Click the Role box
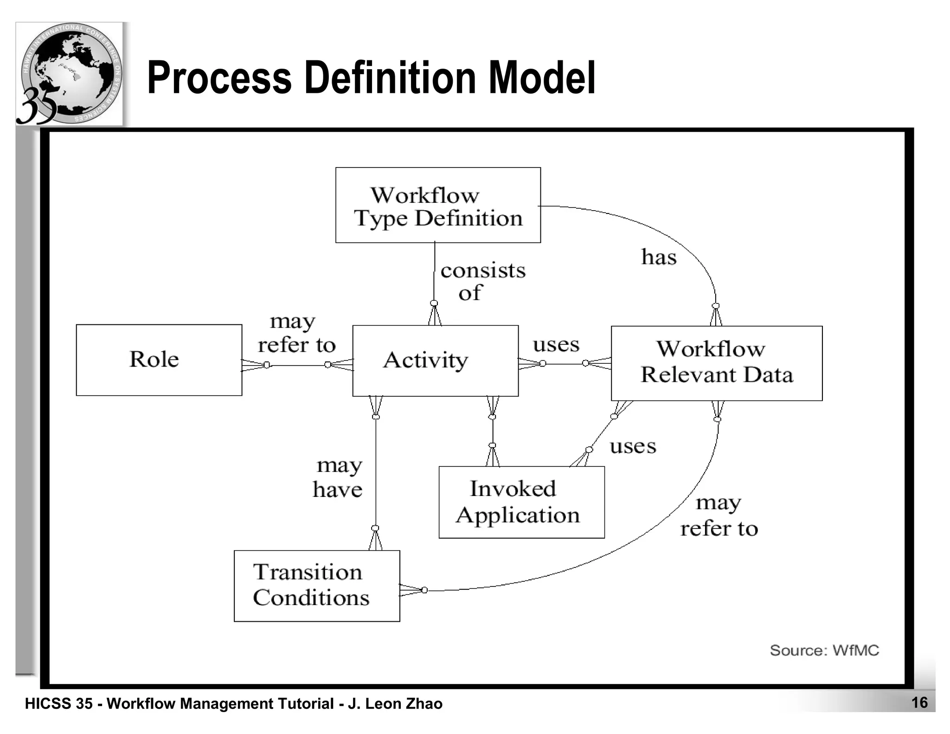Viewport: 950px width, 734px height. coord(159,360)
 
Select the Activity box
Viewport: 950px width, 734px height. coord(435,361)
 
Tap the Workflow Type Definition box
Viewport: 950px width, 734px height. coord(438,205)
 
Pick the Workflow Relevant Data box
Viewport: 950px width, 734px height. coord(716,363)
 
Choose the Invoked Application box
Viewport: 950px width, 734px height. coord(521,502)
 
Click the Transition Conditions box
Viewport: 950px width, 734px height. coord(316,586)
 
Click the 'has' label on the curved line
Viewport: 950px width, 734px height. coord(659,257)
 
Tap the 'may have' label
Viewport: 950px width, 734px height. coord(338,477)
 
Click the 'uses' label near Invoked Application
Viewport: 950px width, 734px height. coord(633,446)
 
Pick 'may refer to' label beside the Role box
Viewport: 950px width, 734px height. coord(296,333)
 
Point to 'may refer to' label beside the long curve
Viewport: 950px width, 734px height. coord(719,516)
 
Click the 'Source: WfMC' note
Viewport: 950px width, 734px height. coord(824,650)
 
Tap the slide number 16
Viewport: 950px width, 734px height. coord(919,702)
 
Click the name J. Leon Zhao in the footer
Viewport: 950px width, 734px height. coord(395,704)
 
